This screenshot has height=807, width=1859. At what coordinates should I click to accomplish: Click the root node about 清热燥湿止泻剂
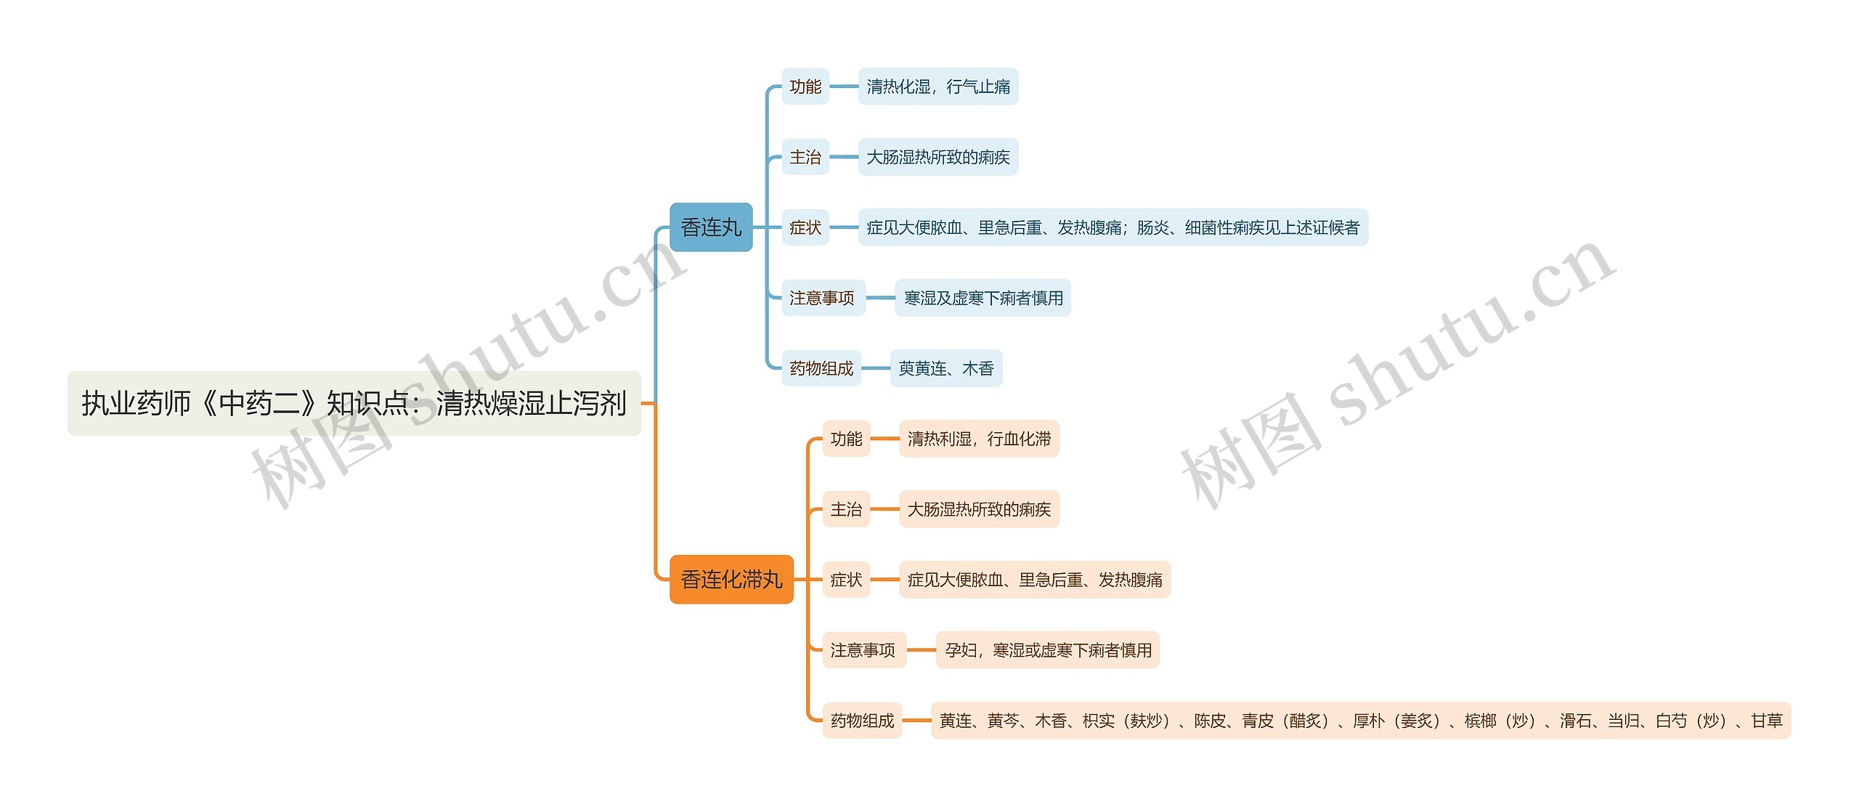[354, 403]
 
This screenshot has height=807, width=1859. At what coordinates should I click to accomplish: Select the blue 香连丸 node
[710, 227]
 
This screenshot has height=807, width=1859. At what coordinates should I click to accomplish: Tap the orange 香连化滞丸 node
[731, 579]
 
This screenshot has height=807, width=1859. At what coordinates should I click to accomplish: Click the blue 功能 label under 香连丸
[805, 86]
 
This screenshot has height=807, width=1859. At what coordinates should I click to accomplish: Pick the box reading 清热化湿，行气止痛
[937, 86]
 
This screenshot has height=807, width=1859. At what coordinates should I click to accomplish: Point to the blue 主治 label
[805, 157]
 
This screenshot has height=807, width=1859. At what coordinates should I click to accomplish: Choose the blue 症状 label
[805, 227]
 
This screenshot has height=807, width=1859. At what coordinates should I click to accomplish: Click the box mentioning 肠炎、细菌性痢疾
[1112, 227]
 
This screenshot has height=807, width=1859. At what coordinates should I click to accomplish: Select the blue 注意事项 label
[822, 298]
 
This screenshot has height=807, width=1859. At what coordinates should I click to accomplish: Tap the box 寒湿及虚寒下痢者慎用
[983, 298]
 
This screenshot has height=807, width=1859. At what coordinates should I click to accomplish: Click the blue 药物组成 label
[821, 368]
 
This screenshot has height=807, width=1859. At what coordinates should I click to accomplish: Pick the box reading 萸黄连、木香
[945, 368]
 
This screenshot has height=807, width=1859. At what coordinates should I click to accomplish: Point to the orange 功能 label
[846, 439]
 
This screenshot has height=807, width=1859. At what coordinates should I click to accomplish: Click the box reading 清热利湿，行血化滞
[979, 439]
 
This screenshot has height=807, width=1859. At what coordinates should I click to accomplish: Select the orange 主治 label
[846, 509]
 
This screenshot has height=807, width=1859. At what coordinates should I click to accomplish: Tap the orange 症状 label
[846, 580]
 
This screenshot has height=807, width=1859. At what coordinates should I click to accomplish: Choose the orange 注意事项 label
[863, 650]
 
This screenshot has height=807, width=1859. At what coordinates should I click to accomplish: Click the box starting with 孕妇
[1048, 650]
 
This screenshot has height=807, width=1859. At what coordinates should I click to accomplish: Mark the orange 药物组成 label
[862, 721]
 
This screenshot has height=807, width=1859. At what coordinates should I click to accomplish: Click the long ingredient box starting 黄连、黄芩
[1360, 721]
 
